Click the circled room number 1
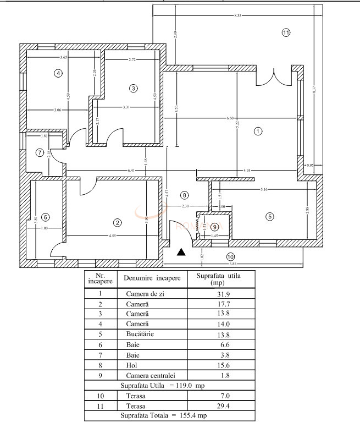click(257, 131)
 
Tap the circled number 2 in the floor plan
click(117, 222)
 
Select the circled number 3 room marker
click(132, 88)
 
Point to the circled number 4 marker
click(58, 73)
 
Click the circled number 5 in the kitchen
click(269, 216)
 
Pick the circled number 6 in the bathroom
click(45, 217)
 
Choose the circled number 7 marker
click(40, 152)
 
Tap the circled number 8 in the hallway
click(185, 195)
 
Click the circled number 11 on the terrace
click(286, 32)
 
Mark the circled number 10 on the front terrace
click(230, 256)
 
